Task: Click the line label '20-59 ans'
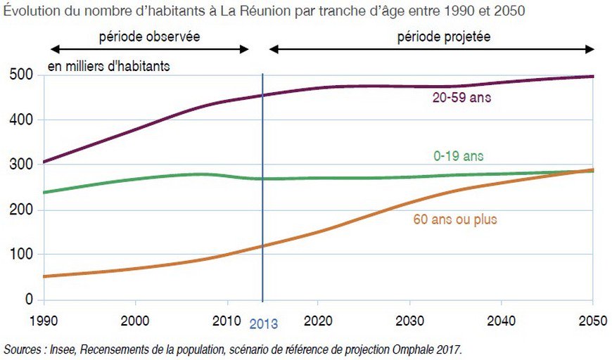tap(461, 98)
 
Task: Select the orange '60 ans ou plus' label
tap(454, 219)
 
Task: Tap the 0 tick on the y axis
tap(28, 300)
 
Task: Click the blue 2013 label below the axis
tap(263, 324)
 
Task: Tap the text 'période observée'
tap(149, 37)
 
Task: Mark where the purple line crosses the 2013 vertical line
tap(263, 95)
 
